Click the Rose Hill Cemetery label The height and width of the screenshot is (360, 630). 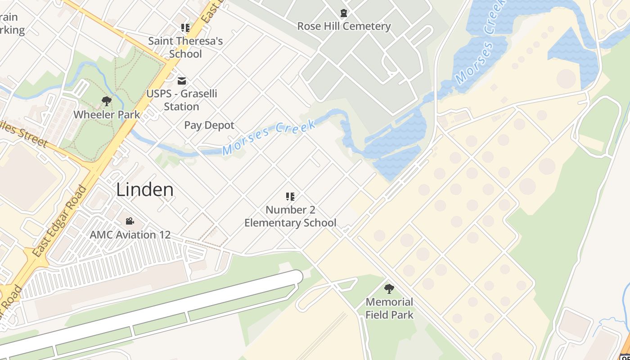(344, 26)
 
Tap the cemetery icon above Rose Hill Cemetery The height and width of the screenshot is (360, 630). (344, 13)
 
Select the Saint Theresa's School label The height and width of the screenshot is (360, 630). (185, 47)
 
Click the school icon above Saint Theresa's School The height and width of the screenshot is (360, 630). (185, 28)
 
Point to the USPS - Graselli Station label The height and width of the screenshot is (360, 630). (181, 100)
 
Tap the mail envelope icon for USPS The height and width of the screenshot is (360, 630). (182, 81)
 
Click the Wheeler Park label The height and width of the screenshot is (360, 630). (107, 114)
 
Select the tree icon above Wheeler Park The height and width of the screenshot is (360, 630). (107, 101)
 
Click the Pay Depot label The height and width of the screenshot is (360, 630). (209, 125)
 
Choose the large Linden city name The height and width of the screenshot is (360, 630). (145, 189)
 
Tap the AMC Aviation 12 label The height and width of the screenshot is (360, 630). (130, 234)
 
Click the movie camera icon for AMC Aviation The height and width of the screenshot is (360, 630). (130, 221)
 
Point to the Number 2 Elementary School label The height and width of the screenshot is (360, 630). (290, 216)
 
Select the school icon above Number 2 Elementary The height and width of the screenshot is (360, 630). (290, 197)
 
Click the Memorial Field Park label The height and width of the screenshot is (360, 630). (389, 308)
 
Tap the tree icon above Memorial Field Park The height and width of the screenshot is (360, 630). (389, 289)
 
